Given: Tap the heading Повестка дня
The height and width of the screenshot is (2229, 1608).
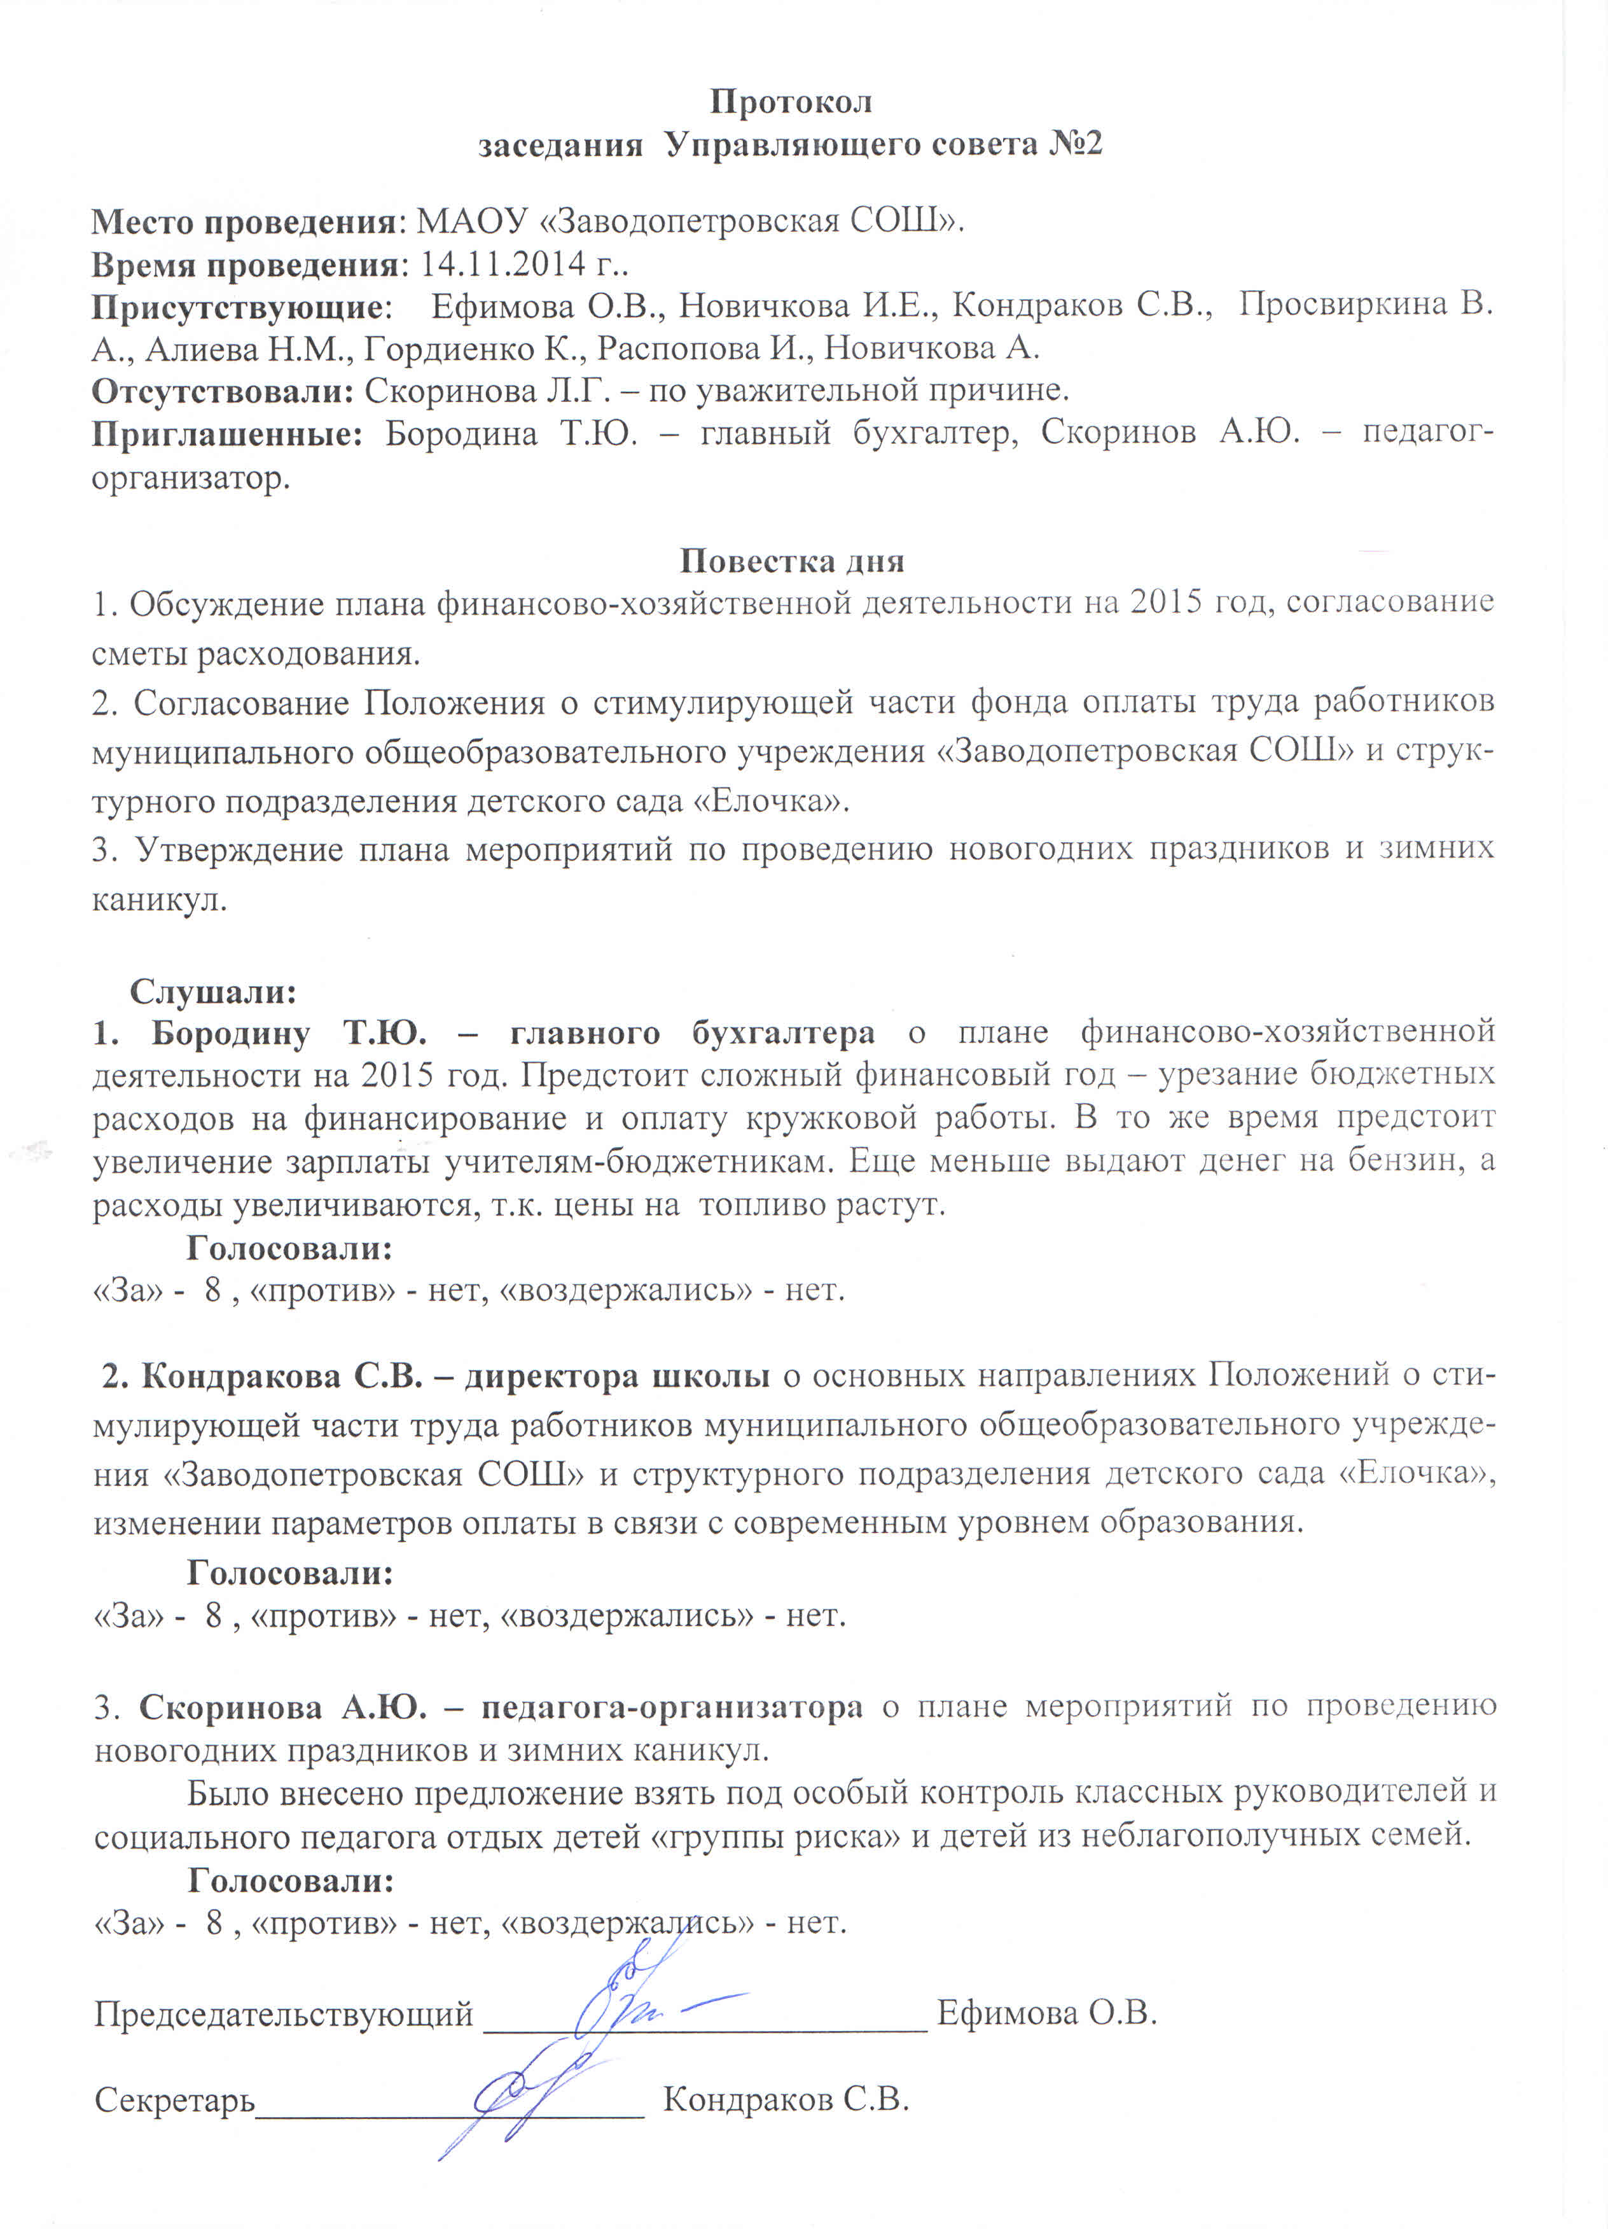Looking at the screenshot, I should pos(791,560).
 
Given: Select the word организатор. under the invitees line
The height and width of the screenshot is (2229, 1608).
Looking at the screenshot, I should pos(191,478).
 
